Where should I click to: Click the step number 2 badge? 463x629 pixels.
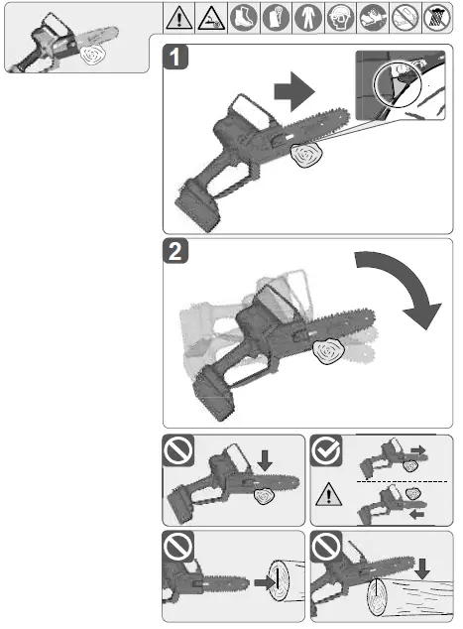(177, 254)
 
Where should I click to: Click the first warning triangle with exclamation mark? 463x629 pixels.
(178, 17)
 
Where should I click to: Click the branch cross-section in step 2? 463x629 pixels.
(326, 351)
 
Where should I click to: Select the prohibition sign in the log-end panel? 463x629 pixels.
(177, 546)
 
